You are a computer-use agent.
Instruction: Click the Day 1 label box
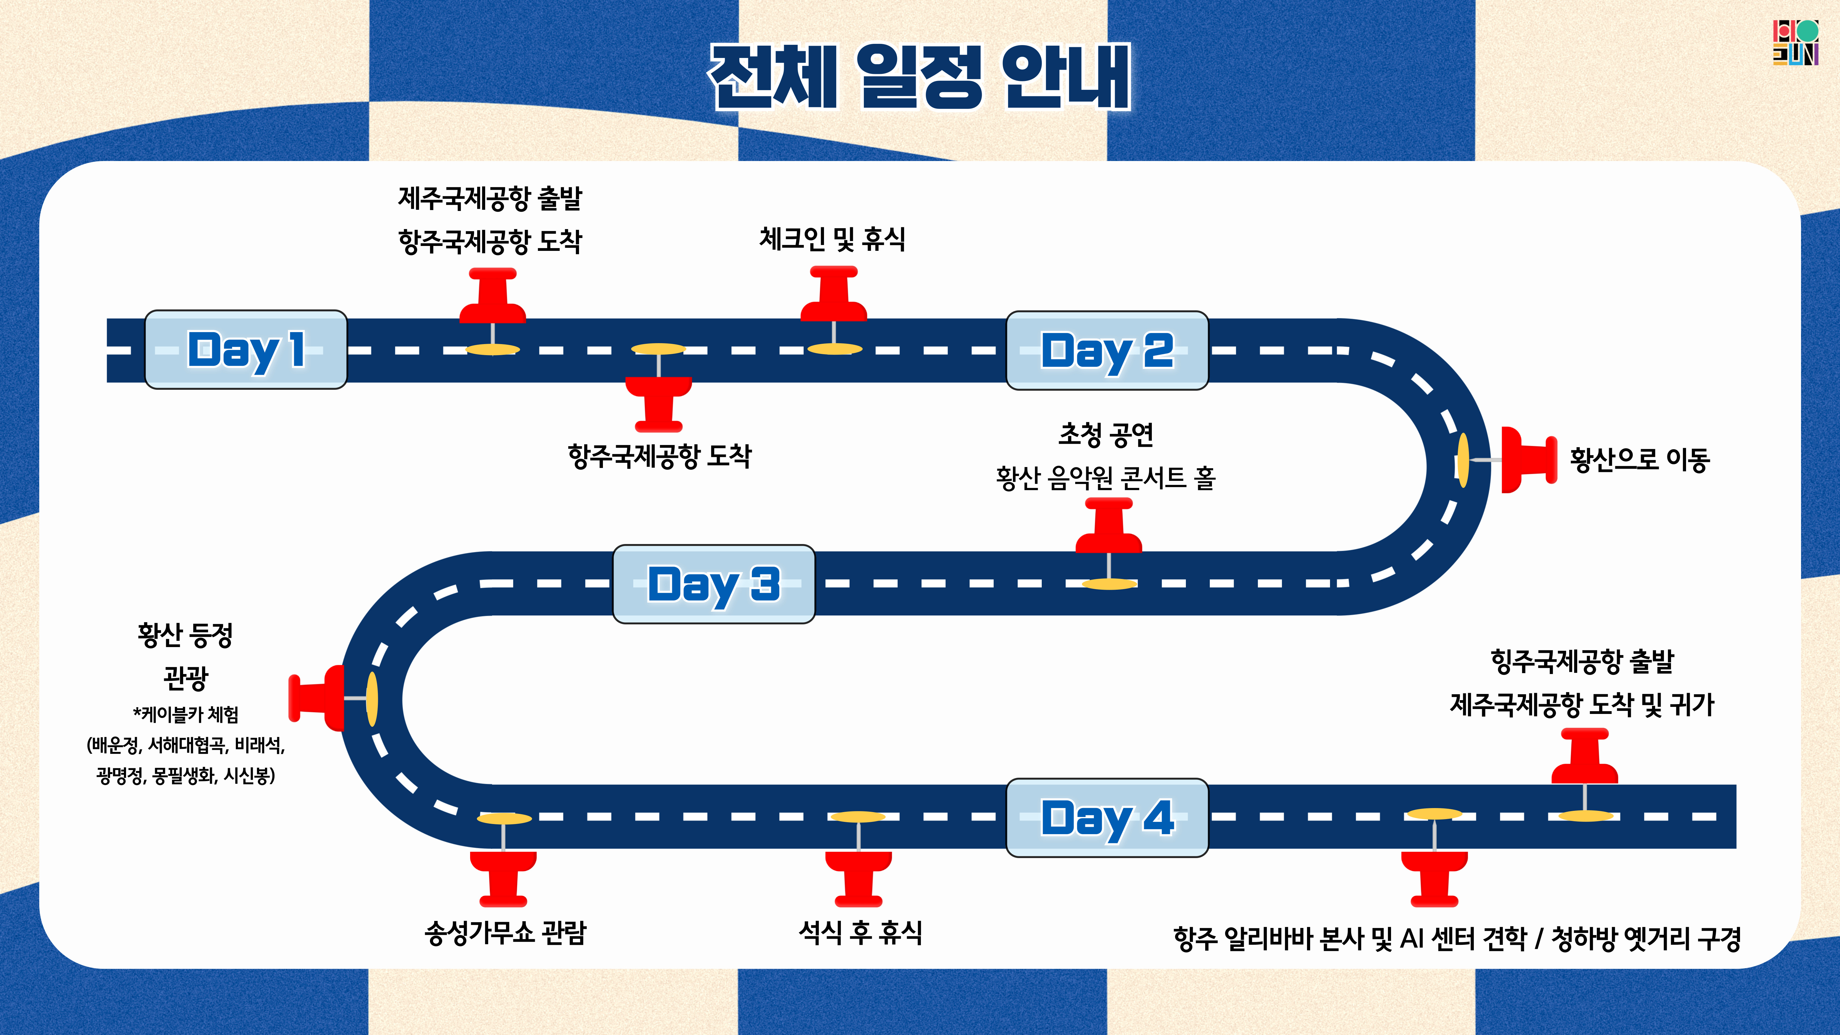click(x=246, y=349)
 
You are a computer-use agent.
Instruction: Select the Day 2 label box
click(x=1107, y=350)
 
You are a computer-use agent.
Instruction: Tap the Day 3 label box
click(x=714, y=584)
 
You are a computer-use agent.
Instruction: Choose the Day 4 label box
click(x=1107, y=817)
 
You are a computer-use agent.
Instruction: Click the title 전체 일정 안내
click(x=920, y=76)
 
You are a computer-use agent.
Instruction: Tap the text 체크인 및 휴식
click(x=832, y=239)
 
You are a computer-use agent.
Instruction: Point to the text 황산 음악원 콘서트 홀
click(x=1106, y=477)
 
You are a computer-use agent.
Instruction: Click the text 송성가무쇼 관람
click(x=505, y=932)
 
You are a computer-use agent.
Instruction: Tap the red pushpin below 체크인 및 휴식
click(x=834, y=294)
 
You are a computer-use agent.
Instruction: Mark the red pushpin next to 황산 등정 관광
click(x=316, y=698)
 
